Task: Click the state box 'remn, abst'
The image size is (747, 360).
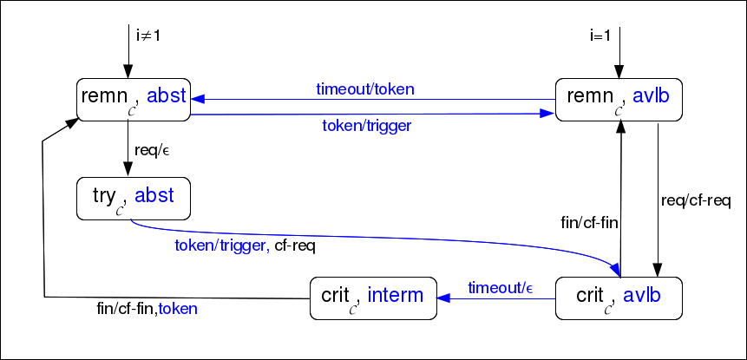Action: [x=133, y=98]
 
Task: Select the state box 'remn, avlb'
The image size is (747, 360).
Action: [x=619, y=98]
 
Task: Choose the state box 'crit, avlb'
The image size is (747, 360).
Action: [x=618, y=298]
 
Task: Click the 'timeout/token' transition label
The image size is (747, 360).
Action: [x=364, y=88]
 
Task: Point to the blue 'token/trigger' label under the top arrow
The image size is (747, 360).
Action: [x=366, y=125]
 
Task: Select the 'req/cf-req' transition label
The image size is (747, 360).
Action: [x=696, y=201]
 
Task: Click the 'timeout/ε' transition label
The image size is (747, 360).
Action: [x=501, y=287]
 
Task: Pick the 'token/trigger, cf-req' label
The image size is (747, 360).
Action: [x=245, y=245]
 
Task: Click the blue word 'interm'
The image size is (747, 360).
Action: [x=395, y=295]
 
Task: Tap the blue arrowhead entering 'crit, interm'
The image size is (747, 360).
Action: [x=443, y=298]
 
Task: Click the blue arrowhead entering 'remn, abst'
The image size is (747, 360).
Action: [x=198, y=99]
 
